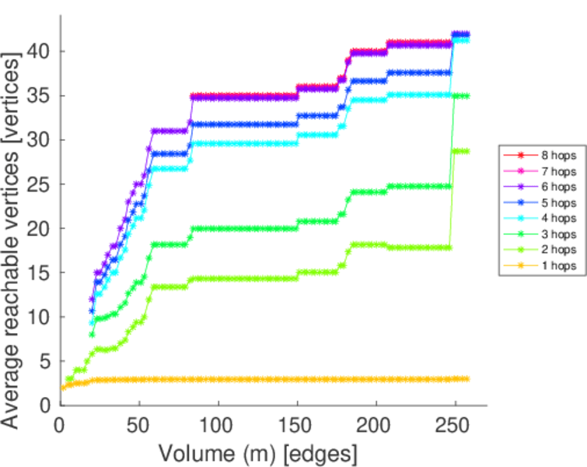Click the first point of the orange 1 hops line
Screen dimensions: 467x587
pyautogui.click(x=63, y=388)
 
